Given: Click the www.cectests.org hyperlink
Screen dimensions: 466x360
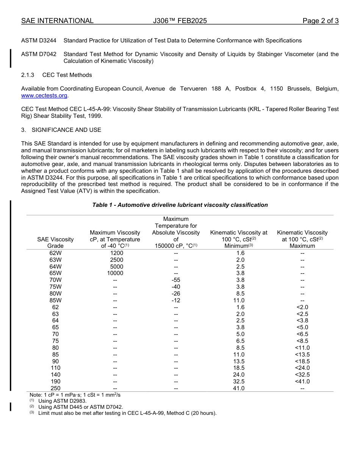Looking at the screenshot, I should pyautogui.click(x=44, y=95).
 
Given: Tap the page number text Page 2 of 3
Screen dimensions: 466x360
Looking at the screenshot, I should pyautogui.click(x=320, y=21).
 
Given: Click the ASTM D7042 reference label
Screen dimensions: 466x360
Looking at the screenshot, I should pyautogui.click(x=39, y=54).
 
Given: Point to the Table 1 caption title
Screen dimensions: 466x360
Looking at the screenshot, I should pyautogui.click(x=180, y=205).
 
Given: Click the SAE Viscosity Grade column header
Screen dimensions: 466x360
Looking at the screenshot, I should pyautogui.click(x=55, y=242).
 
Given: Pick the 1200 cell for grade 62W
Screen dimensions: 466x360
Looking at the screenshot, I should pyautogui.click(x=117, y=253).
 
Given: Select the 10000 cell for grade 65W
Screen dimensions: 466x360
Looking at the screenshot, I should pyautogui.click(x=115, y=273).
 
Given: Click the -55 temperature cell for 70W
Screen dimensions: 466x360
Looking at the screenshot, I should pyautogui.click(x=176, y=280).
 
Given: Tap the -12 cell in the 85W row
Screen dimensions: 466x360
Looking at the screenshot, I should pyautogui.click(x=176, y=300).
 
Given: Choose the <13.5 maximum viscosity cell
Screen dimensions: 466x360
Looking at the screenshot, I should pyautogui.click(x=302, y=355).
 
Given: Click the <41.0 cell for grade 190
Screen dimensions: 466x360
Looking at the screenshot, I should pyautogui.click(x=302, y=382).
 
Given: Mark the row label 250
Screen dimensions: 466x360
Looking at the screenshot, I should pyautogui.click(x=55, y=388).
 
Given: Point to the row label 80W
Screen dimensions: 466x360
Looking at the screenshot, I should pyautogui.click(x=55, y=294).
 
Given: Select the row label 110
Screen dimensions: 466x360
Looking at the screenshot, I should pyautogui.click(x=55, y=368).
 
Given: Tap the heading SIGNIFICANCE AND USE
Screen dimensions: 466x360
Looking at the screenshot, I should pyautogui.click(x=66, y=130).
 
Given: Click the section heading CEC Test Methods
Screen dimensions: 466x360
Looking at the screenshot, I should pyautogui.click(x=67, y=75).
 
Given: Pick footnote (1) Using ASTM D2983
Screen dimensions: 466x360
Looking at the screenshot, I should pyautogui.click(x=62, y=401).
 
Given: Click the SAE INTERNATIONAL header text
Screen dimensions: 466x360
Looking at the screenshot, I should pyautogui.click(x=57, y=21).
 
